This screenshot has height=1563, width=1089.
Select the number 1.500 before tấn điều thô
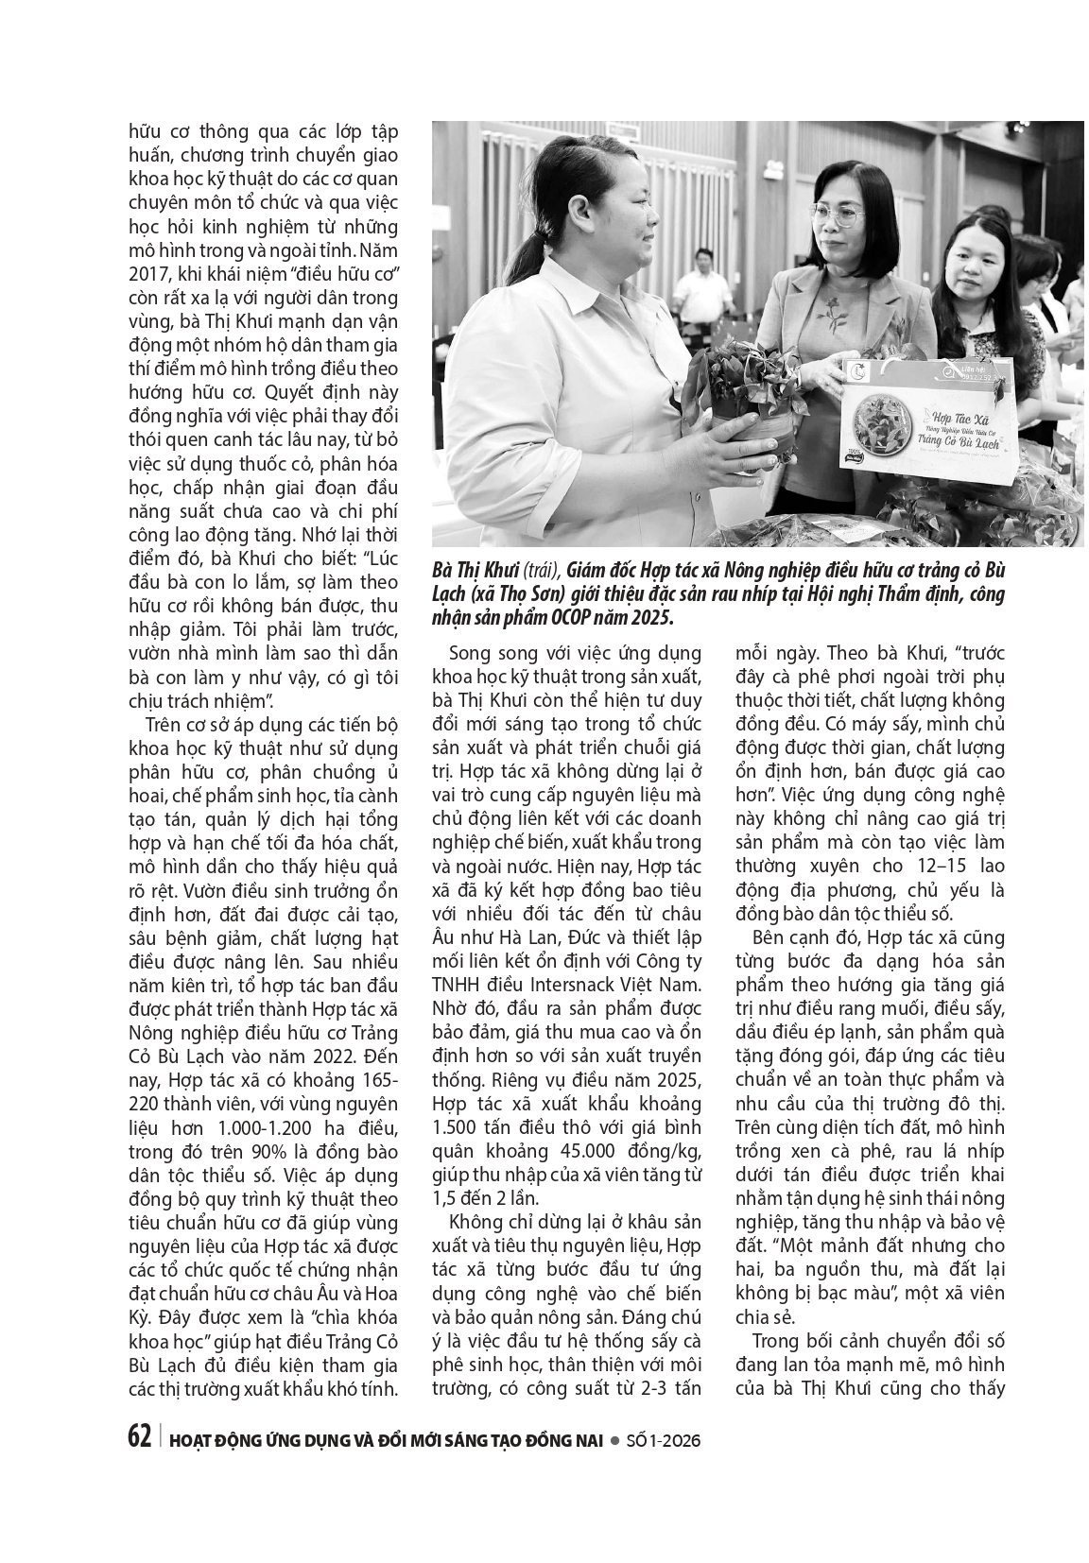point(457,1126)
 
